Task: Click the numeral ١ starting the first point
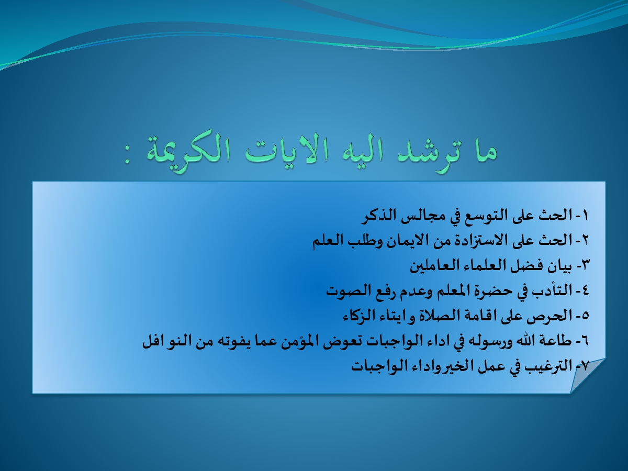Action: click(584, 215)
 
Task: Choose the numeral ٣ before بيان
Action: click(584, 266)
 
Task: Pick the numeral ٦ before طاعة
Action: click(584, 341)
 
